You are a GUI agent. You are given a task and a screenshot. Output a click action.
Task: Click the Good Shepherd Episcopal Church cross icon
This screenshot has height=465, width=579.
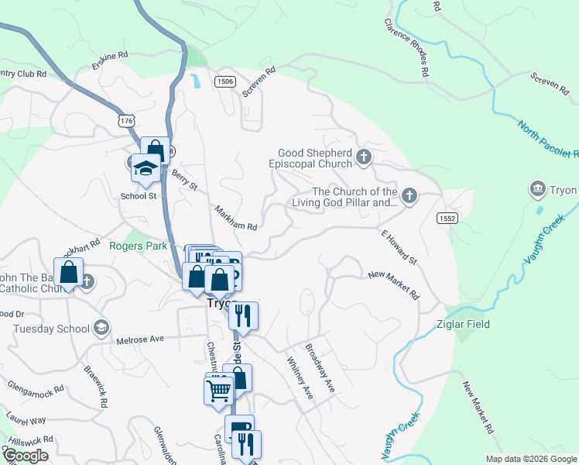tap(364, 159)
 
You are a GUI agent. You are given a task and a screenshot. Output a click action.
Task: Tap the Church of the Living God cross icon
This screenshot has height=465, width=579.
tap(409, 197)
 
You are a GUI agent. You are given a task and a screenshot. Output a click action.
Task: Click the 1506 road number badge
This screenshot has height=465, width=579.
tap(225, 81)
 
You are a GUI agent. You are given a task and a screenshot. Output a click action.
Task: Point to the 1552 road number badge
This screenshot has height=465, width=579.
tap(447, 219)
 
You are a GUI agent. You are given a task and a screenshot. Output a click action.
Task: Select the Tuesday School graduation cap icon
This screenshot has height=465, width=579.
tap(100, 329)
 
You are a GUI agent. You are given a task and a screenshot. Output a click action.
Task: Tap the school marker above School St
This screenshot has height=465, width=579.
tap(145, 167)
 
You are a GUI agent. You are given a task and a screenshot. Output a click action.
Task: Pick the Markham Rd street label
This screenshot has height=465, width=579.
tap(235, 218)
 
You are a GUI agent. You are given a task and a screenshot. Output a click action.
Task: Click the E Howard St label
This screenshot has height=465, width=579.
tap(399, 246)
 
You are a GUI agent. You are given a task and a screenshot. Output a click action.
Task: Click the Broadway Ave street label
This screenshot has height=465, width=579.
tap(320, 367)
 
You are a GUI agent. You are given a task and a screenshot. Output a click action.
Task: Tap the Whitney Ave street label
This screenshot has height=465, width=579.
tap(299, 378)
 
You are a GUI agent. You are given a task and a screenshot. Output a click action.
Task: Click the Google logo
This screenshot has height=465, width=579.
tap(26, 456)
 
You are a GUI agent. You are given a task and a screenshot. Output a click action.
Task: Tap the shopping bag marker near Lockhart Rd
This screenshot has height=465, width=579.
tap(69, 272)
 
